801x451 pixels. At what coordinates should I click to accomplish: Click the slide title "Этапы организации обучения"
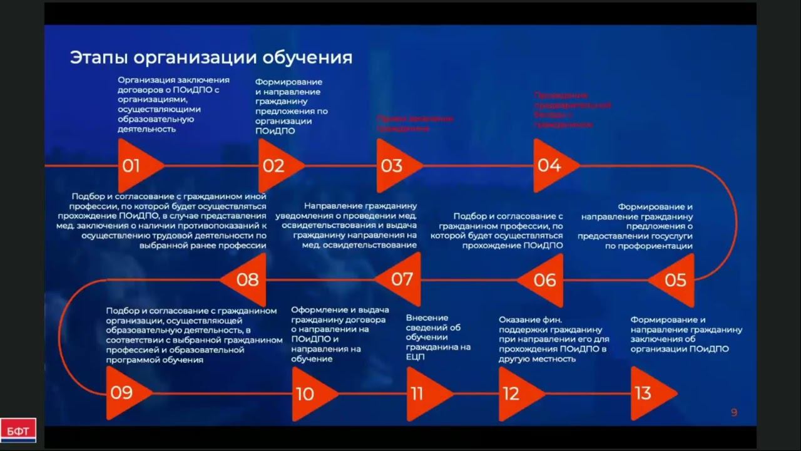click(x=211, y=58)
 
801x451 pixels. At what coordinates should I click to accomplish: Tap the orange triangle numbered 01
click(x=137, y=166)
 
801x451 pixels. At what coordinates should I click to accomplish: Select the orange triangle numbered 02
click(x=278, y=166)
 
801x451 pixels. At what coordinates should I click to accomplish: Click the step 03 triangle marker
click(x=395, y=166)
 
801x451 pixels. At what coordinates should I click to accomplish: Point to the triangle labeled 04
click(x=553, y=166)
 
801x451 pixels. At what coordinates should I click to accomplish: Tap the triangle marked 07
click(x=401, y=279)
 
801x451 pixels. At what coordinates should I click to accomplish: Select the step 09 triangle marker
click(x=125, y=393)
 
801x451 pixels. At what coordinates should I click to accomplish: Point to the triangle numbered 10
click(x=310, y=394)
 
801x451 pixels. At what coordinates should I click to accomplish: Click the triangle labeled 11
click(x=425, y=394)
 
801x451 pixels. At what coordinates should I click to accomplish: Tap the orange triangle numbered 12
click(x=517, y=394)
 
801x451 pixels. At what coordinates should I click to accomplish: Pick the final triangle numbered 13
click(x=648, y=393)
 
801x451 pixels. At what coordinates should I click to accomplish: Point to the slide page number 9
click(x=734, y=412)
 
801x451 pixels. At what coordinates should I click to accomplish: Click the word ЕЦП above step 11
click(x=416, y=357)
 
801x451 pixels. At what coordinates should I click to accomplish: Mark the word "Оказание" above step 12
click(x=518, y=319)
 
